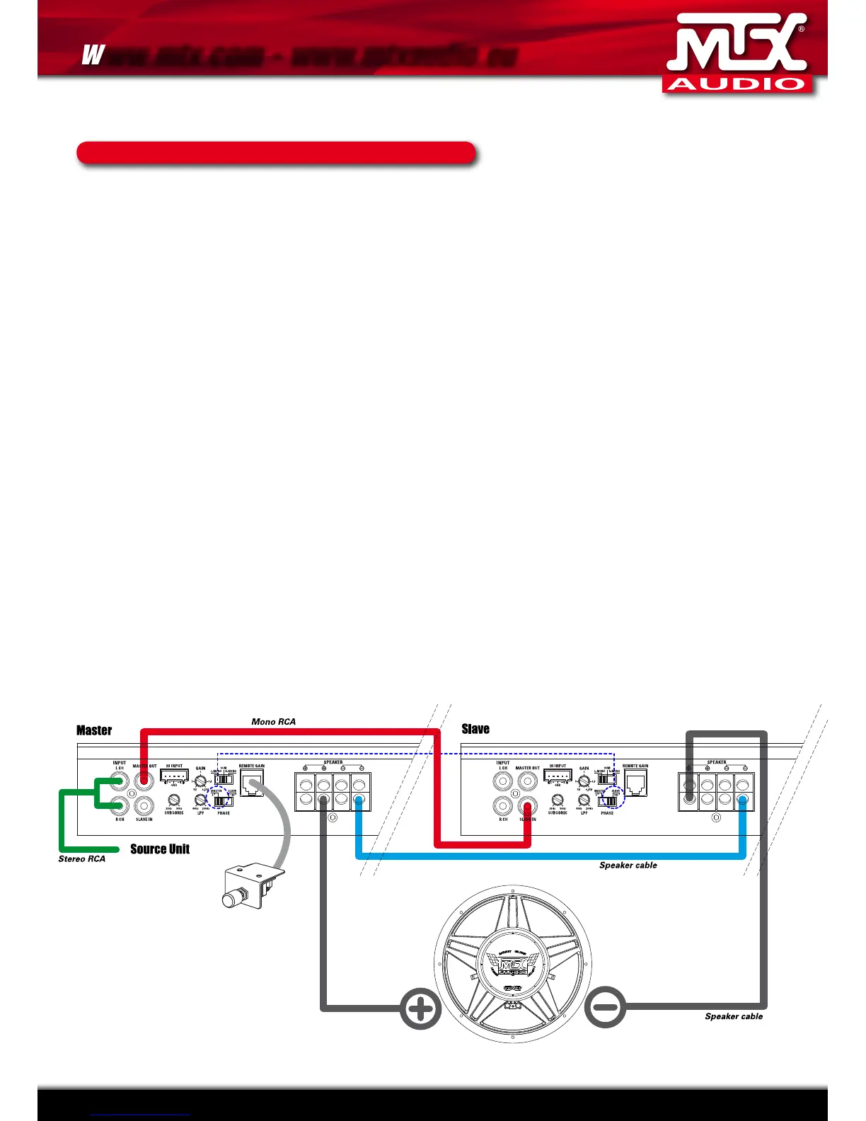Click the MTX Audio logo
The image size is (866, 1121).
coord(737,54)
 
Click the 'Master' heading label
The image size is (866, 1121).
coord(94,730)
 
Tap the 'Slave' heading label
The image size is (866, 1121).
coord(475,729)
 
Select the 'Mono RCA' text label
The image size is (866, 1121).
coord(274,722)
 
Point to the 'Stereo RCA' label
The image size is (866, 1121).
coord(81,859)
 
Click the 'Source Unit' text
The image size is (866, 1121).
coord(160,849)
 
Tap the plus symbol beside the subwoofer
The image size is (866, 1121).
coord(420,1009)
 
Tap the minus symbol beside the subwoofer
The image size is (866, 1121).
coord(606,1007)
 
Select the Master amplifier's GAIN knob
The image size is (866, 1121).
coord(200,781)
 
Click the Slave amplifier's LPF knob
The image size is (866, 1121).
coord(584,800)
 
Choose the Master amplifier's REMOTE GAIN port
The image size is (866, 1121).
coord(252,783)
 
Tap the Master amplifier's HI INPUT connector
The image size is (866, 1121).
coord(174,776)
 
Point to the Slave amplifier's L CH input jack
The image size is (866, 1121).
coord(502,782)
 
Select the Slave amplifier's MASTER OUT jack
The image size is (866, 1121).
coord(527,781)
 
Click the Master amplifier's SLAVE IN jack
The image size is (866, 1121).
coord(144,805)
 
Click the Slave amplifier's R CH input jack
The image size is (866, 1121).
coord(502,806)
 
